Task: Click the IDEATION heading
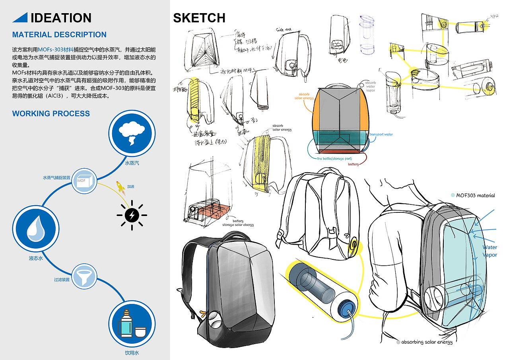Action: (61, 18)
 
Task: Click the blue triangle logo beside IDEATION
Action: (20, 17)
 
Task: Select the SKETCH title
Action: (199, 18)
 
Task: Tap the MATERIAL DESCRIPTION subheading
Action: (59, 35)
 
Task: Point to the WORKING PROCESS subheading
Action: (51, 114)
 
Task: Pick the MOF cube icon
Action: (83, 181)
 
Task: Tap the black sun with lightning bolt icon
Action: (132, 215)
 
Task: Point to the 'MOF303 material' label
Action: (475, 195)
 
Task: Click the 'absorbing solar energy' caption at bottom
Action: (427, 342)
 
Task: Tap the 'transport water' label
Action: (381, 134)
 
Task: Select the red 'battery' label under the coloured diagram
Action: (354, 164)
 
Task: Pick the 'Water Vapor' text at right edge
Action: (490, 251)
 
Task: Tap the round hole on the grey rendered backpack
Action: (212, 318)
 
